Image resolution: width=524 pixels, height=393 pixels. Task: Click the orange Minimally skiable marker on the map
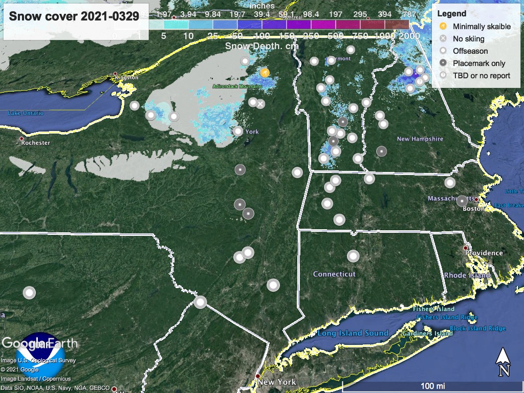click(x=264, y=73)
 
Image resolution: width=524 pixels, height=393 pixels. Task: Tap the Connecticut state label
click(x=334, y=274)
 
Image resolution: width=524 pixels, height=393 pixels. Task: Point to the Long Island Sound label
click(x=353, y=333)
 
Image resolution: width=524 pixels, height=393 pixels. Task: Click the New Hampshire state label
click(x=420, y=139)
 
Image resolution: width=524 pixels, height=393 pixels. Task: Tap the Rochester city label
click(x=36, y=143)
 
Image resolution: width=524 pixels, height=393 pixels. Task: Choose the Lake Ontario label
click(x=26, y=113)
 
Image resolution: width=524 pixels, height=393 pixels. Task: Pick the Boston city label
click(x=473, y=208)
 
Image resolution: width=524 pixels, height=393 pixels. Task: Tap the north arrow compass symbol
click(x=504, y=361)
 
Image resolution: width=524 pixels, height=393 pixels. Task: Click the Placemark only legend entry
click(x=478, y=63)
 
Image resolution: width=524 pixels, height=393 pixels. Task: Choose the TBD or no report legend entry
click(x=481, y=76)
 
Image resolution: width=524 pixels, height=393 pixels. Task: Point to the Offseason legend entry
click(x=470, y=51)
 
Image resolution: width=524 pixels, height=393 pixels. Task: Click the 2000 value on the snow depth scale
click(x=409, y=36)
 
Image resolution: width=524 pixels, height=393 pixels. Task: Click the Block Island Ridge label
click(x=477, y=329)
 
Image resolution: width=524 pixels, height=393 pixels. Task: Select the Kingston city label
click(x=127, y=77)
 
